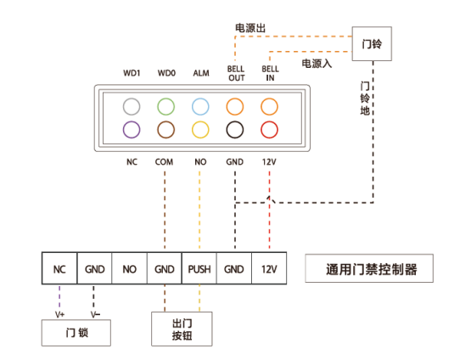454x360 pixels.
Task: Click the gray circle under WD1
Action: tap(131, 107)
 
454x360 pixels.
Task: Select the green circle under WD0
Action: tap(165, 107)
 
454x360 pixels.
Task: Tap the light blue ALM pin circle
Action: tap(200, 107)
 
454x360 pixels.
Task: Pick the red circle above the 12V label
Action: tap(270, 130)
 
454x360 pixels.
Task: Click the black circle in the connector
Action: tap(235, 130)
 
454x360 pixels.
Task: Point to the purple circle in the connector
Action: tap(131, 130)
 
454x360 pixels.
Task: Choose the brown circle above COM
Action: tap(165, 130)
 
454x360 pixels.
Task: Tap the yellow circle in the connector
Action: tap(200, 130)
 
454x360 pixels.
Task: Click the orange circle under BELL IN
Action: tap(270, 107)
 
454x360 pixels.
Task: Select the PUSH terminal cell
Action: tap(199, 269)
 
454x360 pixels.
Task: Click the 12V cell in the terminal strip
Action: tap(269, 269)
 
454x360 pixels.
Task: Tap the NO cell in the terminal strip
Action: tap(129, 269)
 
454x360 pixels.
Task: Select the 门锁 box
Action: tap(77, 333)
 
